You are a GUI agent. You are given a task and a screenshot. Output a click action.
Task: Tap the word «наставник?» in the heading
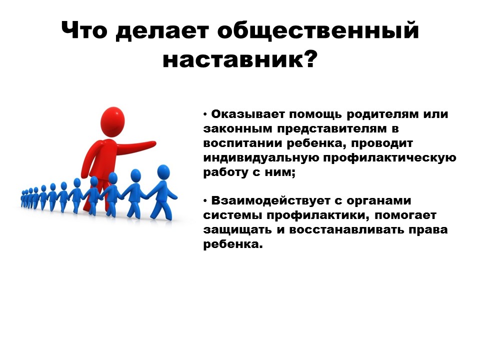coord(240,61)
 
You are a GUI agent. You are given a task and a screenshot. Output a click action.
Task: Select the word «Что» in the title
coord(84,32)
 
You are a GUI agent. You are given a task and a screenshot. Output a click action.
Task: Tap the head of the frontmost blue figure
coord(163,172)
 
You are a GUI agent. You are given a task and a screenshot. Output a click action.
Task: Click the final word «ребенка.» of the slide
coord(233,245)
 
